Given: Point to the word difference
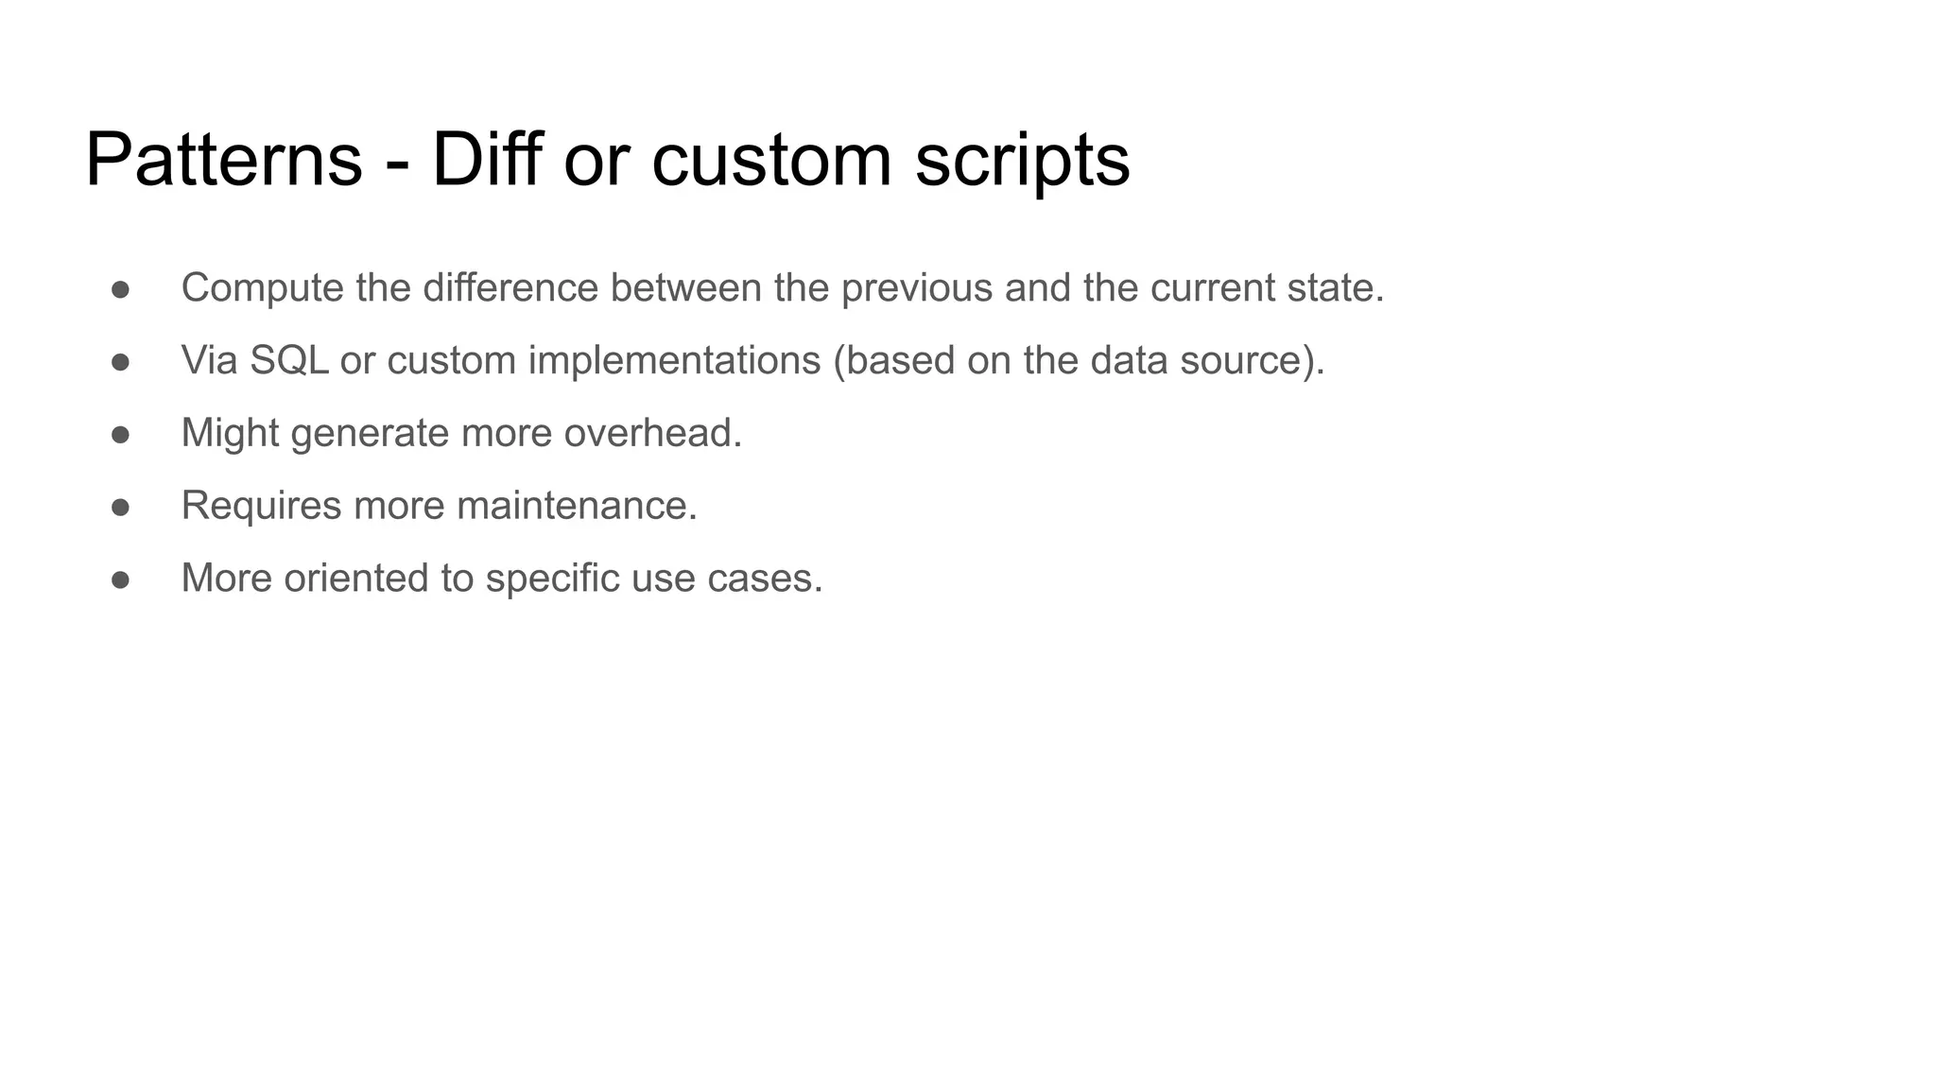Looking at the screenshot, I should click(510, 288).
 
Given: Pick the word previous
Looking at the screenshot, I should click(916, 288).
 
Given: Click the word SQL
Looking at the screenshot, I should click(289, 360).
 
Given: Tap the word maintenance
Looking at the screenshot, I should click(577, 506).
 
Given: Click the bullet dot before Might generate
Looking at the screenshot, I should click(120, 434).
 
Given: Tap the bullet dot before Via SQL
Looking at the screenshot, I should click(120, 361).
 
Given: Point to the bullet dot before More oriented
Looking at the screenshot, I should click(120, 579).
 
